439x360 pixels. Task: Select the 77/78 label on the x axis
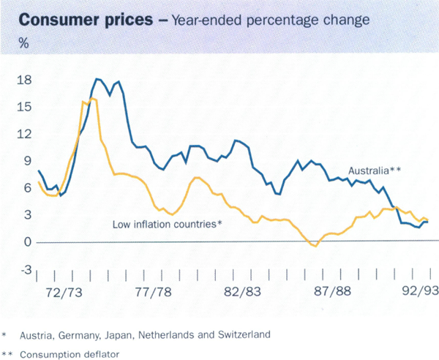pos(154,290)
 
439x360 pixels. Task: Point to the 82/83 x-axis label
pos(242,290)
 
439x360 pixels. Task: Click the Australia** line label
pos(375,170)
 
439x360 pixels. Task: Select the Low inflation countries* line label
pos(167,223)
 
